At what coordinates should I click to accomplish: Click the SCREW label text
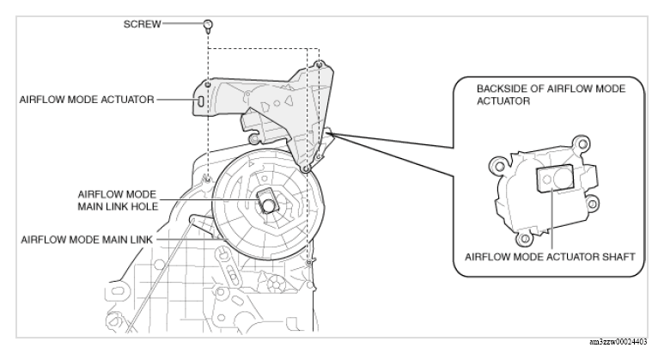pos(143,24)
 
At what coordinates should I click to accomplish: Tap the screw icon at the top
pos(208,27)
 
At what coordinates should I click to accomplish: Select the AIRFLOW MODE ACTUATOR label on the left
pos(87,100)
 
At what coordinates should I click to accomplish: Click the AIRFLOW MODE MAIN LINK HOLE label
pos(118,200)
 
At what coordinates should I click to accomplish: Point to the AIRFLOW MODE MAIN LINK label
pos(87,240)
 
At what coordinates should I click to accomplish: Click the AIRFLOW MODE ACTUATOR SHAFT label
pos(550,257)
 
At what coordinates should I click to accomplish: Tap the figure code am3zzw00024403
pos(618,342)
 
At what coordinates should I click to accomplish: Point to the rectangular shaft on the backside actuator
pos(555,179)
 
